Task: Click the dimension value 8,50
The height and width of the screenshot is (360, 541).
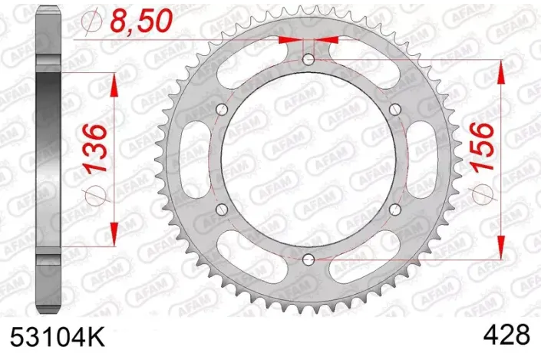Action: (138, 21)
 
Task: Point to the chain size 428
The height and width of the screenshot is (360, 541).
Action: (507, 335)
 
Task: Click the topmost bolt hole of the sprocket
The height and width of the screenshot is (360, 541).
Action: (308, 59)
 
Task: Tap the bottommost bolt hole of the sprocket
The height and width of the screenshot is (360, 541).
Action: (308, 258)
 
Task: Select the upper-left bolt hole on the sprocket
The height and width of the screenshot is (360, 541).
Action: (222, 108)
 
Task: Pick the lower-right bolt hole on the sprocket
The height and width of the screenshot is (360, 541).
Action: (394, 208)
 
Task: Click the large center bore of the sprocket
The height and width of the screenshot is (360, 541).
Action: (308, 158)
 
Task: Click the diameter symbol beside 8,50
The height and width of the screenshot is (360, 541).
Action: (91, 23)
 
